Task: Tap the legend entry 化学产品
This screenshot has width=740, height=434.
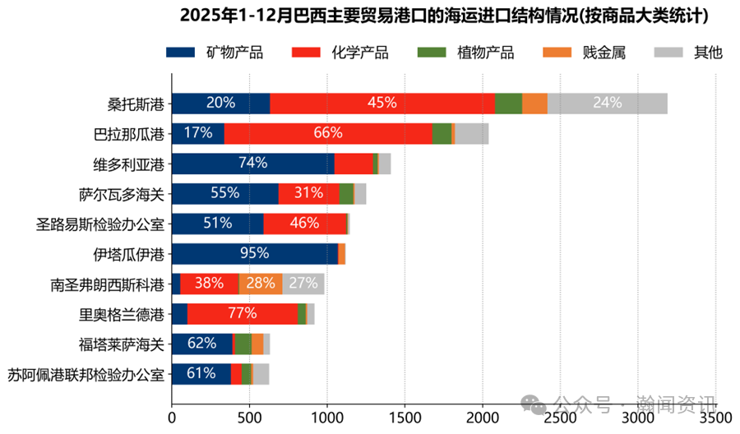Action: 340,53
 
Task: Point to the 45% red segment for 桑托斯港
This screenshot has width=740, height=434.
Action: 382,103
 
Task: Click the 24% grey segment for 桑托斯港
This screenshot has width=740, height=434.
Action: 607,103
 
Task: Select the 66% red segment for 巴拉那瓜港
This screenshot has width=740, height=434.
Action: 328,133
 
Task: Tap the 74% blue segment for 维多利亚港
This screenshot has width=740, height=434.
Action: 252,163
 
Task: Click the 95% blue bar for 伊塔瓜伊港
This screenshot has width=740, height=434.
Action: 255,254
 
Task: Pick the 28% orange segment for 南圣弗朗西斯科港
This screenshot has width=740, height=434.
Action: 261,284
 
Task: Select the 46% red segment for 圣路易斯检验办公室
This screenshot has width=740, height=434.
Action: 305,224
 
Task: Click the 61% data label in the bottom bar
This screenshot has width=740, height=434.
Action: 201,374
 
